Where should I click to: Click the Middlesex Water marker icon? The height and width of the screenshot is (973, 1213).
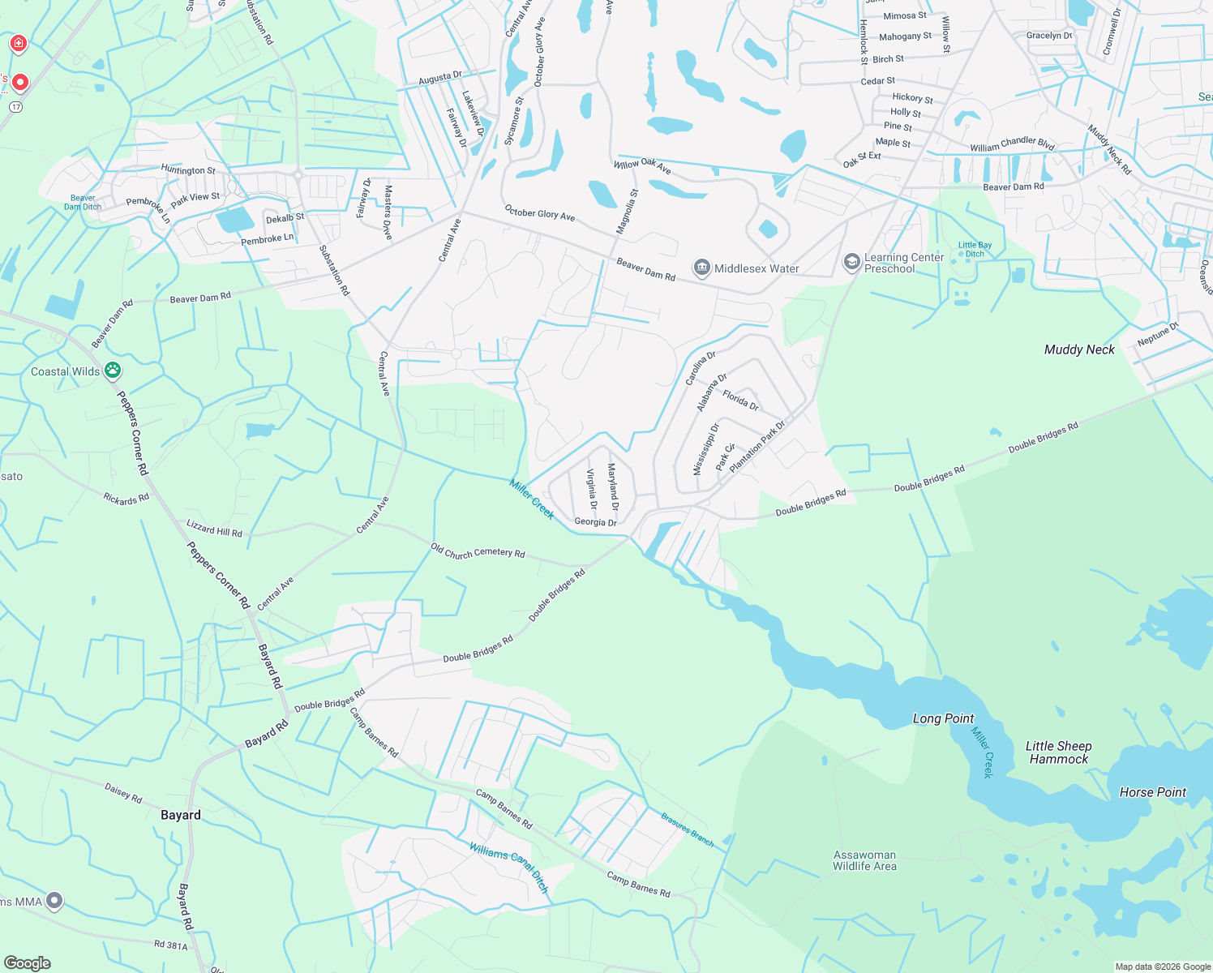tap(701, 268)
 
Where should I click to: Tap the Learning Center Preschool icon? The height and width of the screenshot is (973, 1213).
tap(851, 262)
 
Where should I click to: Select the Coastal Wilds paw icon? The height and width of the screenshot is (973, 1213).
tap(113, 371)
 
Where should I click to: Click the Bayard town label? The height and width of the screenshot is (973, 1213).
tap(180, 815)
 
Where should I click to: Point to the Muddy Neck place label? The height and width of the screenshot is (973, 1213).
tap(1079, 349)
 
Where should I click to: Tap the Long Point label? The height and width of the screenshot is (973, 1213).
tap(943, 718)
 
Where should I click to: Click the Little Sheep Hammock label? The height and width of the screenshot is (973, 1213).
tap(1058, 752)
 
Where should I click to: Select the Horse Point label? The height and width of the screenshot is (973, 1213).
tap(1152, 792)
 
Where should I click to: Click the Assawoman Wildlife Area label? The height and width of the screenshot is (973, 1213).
tap(864, 860)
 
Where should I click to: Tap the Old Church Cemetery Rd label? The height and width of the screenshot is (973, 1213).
tap(478, 552)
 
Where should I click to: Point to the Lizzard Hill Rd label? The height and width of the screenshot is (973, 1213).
tap(214, 528)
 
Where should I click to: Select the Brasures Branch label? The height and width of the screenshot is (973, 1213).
tap(687, 829)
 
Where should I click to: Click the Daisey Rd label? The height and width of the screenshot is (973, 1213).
tap(123, 793)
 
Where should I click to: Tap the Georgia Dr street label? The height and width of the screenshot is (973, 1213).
tap(595, 522)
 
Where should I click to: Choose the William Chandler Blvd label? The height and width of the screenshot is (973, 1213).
tap(1012, 144)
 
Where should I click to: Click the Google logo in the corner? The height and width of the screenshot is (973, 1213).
tap(27, 962)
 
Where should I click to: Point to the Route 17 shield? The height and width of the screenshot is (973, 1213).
tap(15, 106)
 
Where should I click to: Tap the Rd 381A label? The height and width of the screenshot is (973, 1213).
tap(170, 945)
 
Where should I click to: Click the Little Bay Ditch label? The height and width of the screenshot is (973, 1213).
tap(975, 249)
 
